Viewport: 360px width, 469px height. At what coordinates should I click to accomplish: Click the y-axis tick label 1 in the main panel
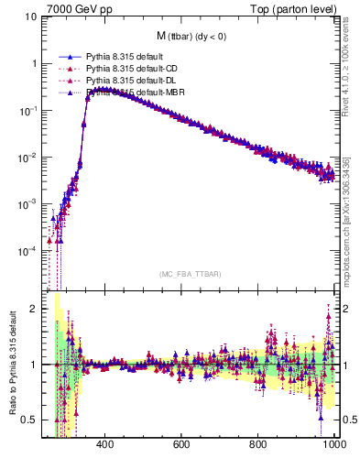pyautogui.click(x=30, y=63)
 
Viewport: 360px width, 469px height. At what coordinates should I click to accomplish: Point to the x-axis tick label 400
pyautogui.click(x=104, y=446)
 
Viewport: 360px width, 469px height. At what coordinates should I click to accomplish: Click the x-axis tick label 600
pyautogui.click(x=181, y=446)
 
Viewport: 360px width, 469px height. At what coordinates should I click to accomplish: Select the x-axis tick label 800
pyautogui.click(x=258, y=446)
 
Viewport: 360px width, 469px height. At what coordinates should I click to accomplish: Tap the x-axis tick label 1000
pyautogui.click(x=333, y=446)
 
